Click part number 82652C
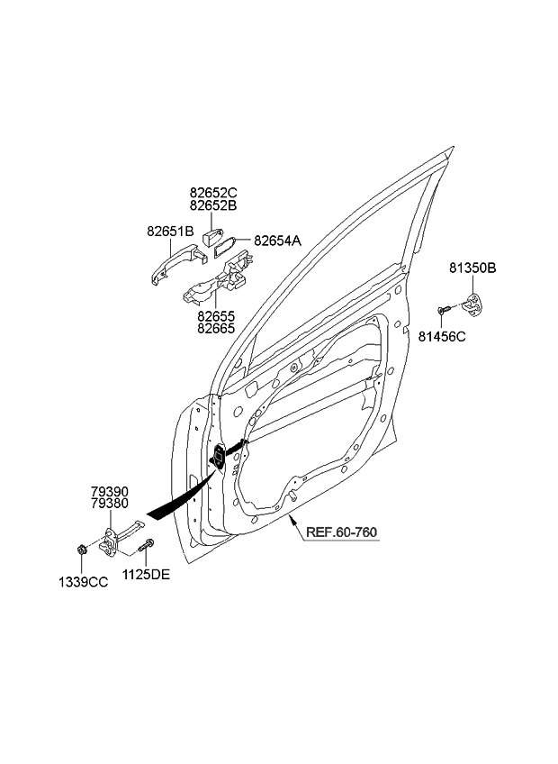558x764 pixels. click(212, 192)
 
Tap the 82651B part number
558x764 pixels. click(171, 232)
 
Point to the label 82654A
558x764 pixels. click(277, 241)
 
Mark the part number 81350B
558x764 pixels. click(473, 268)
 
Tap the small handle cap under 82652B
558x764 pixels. click(211, 238)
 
